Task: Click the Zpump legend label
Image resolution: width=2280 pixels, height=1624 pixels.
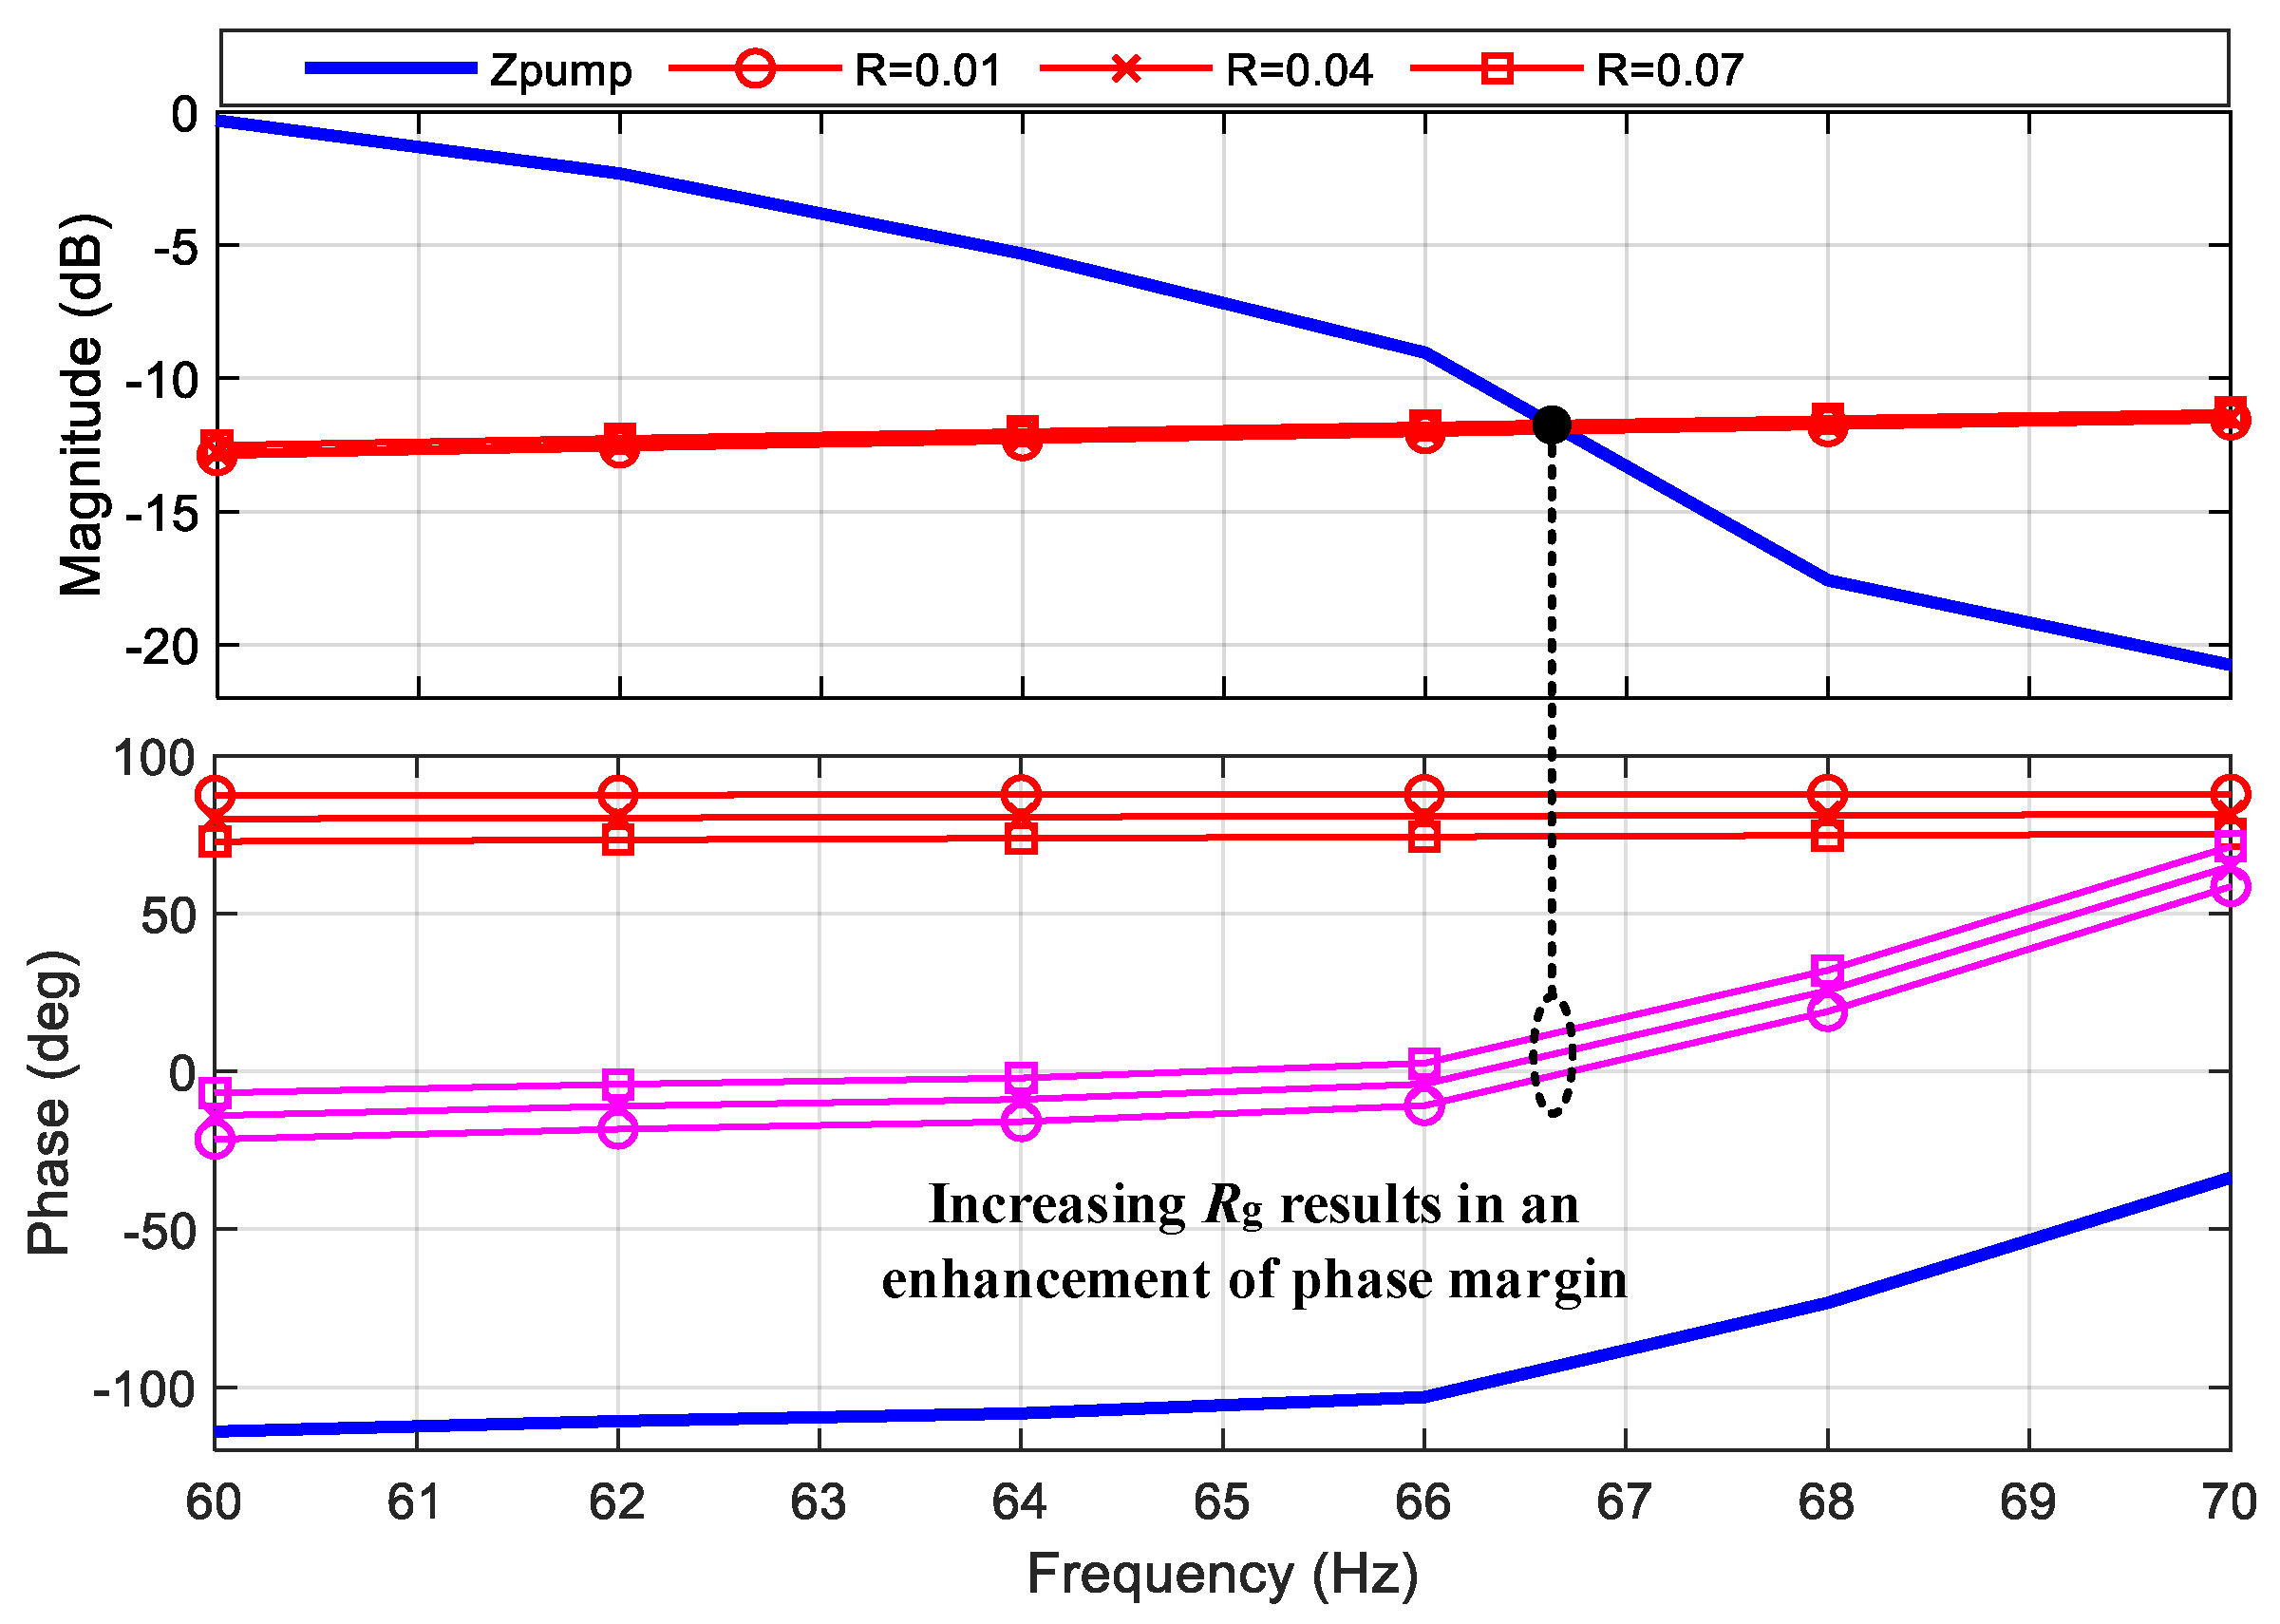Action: [560, 71]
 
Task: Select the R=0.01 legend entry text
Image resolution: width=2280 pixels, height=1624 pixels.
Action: [927, 71]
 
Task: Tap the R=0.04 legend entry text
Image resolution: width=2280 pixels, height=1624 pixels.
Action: [1299, 71]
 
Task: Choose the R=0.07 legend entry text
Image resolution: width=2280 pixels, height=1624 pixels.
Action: [1669, 71]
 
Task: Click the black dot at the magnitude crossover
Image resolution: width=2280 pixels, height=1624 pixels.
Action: [1551, 425]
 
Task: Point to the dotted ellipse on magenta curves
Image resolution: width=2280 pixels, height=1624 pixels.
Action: [1552, 1056]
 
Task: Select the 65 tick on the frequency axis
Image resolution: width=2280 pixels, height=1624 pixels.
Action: [1221, 1503]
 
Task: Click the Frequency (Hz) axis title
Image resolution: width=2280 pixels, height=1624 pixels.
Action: [1222, 1575]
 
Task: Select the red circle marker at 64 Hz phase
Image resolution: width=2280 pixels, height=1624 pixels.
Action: [1020, 795]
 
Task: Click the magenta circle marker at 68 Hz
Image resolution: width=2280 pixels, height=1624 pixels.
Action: [1827, 1011]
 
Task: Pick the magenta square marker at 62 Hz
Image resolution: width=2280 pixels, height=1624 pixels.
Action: [618, 1084]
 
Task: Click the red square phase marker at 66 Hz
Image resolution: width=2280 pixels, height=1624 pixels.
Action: [1424, 837]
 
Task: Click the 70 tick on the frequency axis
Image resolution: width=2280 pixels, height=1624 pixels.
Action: [2229, 1503]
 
